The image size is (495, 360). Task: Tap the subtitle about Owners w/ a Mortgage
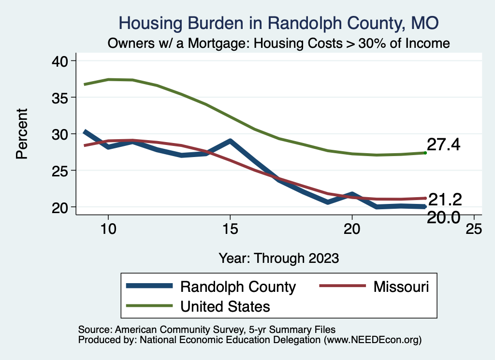coord(278,43)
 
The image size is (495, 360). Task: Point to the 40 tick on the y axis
coord(61,61)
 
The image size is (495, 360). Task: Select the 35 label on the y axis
coord(61,98)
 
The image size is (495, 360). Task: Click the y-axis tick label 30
coord(61,134)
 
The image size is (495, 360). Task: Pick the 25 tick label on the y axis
coord(61,171)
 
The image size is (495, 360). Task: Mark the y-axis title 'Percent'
coord(22,134)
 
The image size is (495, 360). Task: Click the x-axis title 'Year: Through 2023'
coord(278,258)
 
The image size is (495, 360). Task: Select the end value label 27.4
coord(444,144)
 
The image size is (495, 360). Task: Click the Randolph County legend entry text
coord(238,287)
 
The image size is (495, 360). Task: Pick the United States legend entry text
coord(225,306)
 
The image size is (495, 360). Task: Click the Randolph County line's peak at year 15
coord(231,142)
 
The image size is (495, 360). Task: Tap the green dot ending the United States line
coord(425,153)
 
